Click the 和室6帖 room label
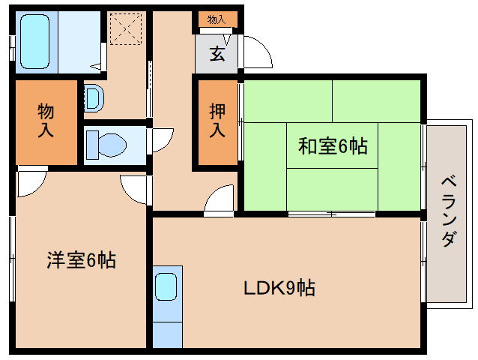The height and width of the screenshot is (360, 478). pyautogui.click(x=333, y=146)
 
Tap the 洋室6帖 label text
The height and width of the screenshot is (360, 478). pyautogui.click(x=81, y=261)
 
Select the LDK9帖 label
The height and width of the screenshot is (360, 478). pyautogui.click(x=278, y=286)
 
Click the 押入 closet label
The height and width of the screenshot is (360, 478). pyautogui.click(x=217, y=120)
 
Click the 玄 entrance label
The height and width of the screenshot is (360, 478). pyautogui.click(x=217, y=54)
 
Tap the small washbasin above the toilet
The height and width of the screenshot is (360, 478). pyautogui.click(x=93, y=97)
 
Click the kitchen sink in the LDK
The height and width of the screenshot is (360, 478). pyautogui.click(x=166, y=286)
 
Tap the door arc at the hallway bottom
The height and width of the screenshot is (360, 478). pyautogui.click(x=220, y=199)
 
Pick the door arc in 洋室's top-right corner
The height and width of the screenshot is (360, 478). pyautogui.click(x=134, y=188)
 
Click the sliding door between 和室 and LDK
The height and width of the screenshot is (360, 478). pyautogui.click(x=331, y=214)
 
